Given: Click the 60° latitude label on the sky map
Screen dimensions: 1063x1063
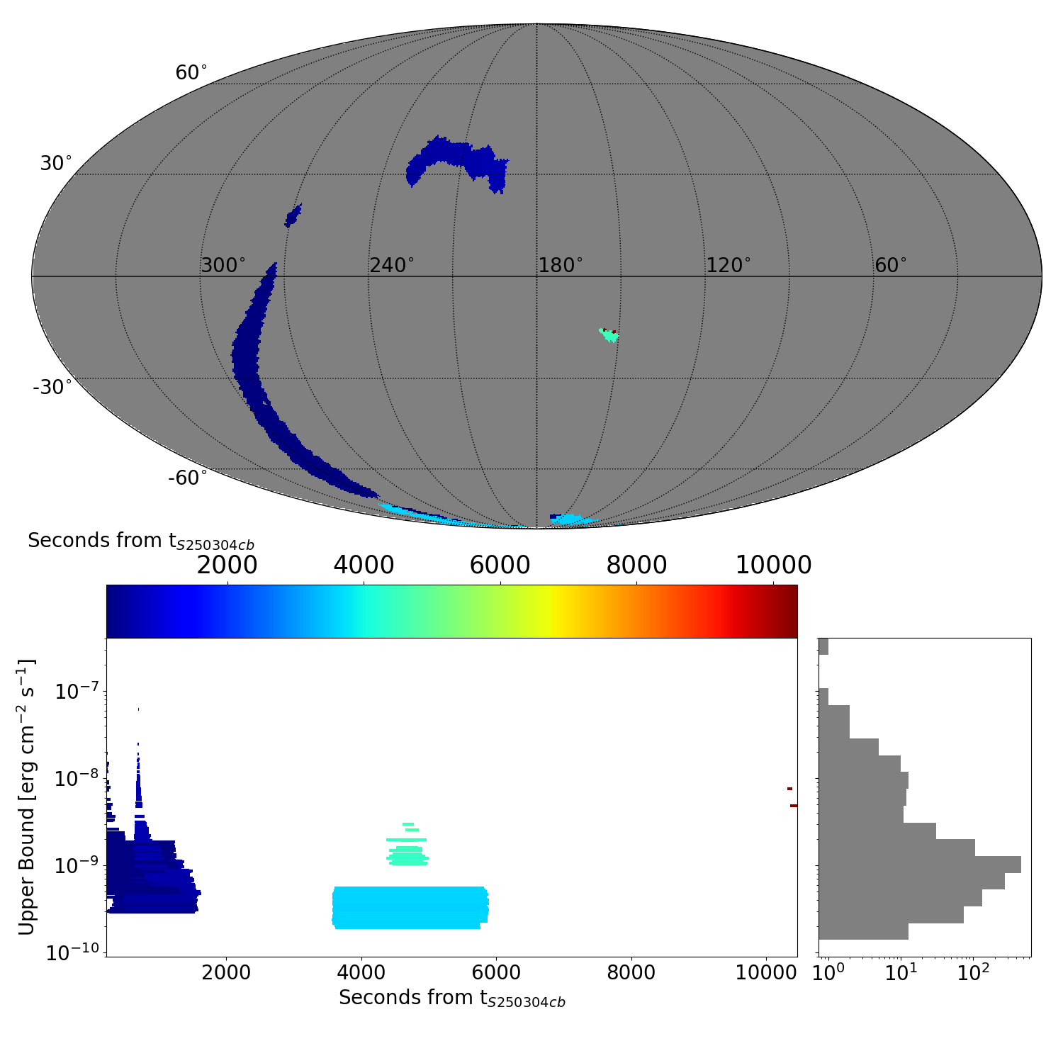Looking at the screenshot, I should pyautogui.click(x=191, y=73).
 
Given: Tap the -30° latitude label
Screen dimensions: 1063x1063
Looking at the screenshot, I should pyautogui.click(x=52, y=387).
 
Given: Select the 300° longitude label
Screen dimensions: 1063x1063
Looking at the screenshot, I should pyautogui.click(x=223, y=266).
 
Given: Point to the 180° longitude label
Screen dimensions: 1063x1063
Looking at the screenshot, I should pyautogui.click(x=561, y=266).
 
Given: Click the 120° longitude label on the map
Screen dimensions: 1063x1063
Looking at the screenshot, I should pyautogui.click(x=729, y=266).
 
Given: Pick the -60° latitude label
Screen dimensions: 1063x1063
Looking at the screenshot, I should pyautogui.click(x=188, y=478).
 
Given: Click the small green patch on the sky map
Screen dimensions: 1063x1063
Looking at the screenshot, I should pyautogui.click(x=609, y=334).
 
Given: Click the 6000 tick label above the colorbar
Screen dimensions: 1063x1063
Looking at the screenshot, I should pyautogui.click(x=500, y=566).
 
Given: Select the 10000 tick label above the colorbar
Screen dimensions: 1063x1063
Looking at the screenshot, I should pyautogui.click(x=773, y=566).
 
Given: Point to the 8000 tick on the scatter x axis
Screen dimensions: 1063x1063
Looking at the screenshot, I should pyautogui.click(x=631, y=972).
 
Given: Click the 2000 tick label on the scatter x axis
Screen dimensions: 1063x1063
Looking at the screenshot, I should pyautogui.click(x=226, y=972).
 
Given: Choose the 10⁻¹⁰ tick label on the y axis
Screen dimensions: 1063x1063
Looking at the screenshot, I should pyautogui.click(x=73, y=953).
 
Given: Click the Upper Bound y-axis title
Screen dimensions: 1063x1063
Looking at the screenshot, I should pyautogui.click(x=27, y=797).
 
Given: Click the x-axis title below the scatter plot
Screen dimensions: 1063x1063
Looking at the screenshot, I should pyautogui.click(x=452, y=998).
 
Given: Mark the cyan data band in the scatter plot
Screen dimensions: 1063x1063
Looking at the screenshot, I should pyautogui.click(x=410, y=907).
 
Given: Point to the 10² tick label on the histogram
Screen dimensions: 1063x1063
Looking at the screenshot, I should pyautogui.click(x=973, y=972).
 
